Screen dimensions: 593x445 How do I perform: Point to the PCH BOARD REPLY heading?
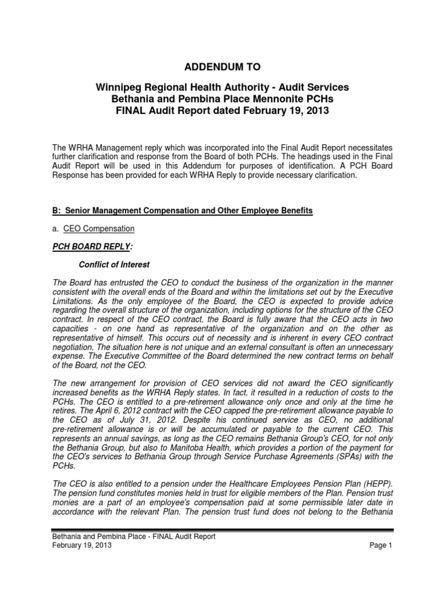[x=92, y=247]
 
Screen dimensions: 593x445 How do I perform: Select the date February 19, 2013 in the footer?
[x=82, y=546]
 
